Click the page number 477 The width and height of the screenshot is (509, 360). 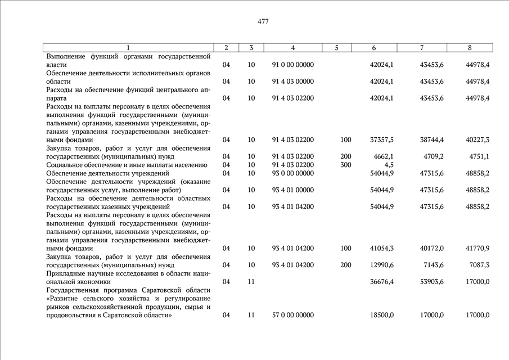tap(263, 22)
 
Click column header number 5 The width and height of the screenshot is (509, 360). tap(336, 48)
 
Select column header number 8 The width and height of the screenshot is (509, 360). tap(470, 48)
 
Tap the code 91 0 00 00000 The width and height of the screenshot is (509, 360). tap(292, 65)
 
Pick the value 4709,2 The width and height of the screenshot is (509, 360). tap(432, 156)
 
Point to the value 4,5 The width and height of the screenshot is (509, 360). tap(388, 165)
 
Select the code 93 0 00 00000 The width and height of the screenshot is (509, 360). tap(292, 173)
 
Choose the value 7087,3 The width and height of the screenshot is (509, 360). tap(478, 265)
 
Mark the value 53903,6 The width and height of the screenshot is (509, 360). tap(432, 282)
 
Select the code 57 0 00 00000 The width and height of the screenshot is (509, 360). tap(292, 316)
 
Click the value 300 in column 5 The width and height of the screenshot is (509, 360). tap(345, 165)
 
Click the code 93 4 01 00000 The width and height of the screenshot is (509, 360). tap(292, 190)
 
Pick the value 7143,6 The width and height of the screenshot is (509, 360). tap(432, 265)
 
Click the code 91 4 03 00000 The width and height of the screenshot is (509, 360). tap(292, 82)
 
